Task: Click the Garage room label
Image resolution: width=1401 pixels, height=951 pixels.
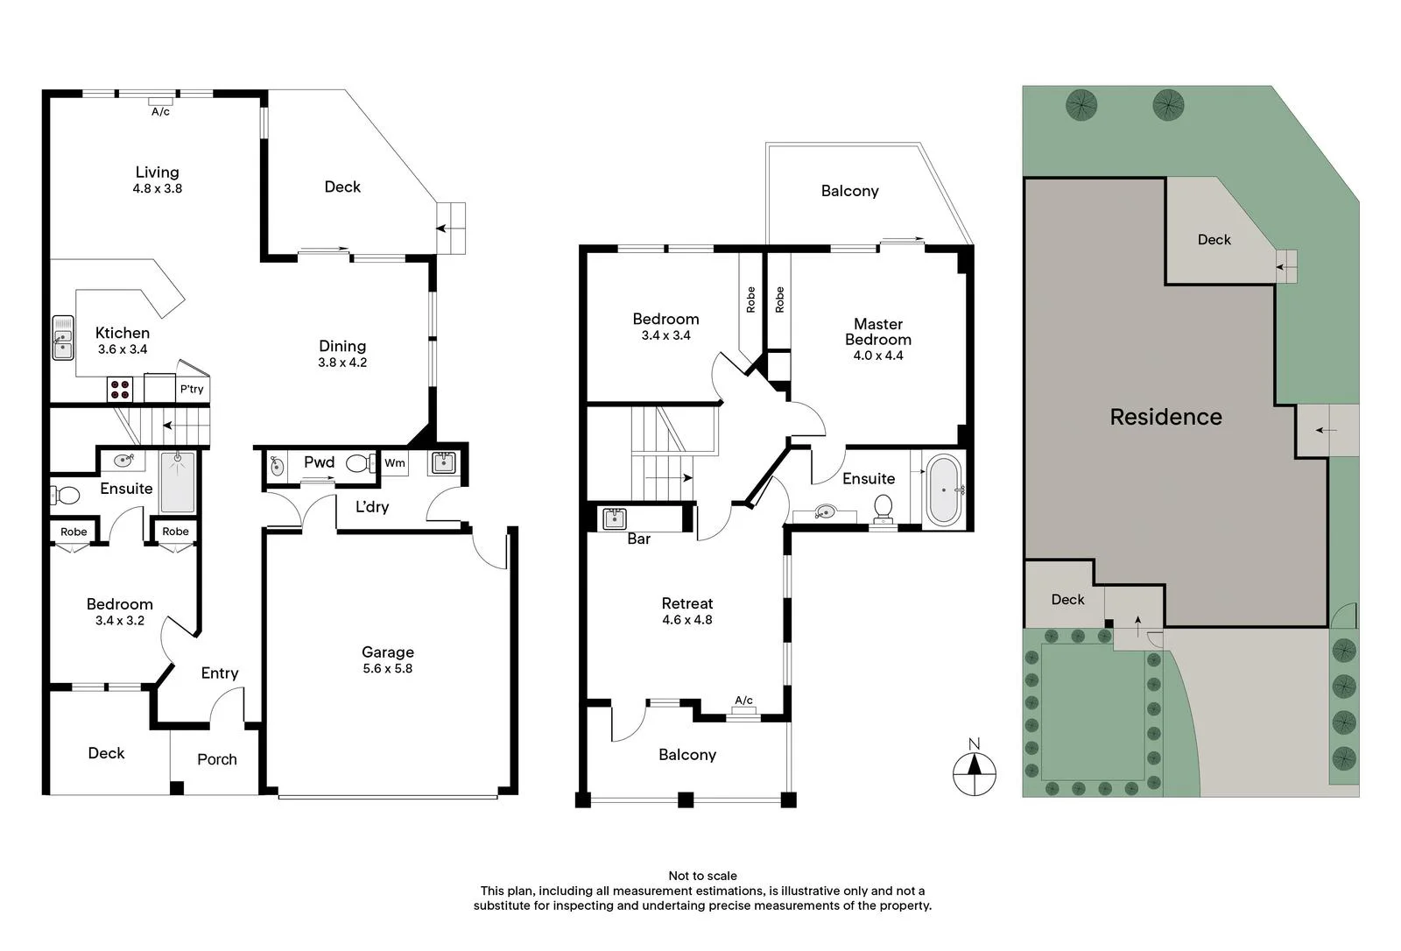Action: click(x=388, y=652)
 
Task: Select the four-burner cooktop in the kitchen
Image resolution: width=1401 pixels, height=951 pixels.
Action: click(x=119, y=389)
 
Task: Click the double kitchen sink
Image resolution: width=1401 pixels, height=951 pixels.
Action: click(x=62, y=338)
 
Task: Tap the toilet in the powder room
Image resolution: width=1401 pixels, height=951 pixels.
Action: click(x=360, y=463)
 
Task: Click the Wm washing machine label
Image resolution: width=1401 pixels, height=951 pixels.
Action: click(x=394, y=463)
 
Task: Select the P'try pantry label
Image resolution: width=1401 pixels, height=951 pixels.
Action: click(x=192, y=389)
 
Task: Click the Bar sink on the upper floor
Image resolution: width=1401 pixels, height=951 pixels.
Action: click(x=615, y=518)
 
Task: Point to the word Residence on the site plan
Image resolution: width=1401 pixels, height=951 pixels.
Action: click(x=1165, y=417)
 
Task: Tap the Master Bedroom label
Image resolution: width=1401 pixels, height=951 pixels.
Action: click(x=878, y=332)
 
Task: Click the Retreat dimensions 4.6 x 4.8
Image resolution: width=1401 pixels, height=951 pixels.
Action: click(x=687, y=619)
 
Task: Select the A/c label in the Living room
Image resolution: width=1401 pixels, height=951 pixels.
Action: click(x=161, y=112)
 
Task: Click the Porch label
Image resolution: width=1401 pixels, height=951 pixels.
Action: click(x=217, y=759)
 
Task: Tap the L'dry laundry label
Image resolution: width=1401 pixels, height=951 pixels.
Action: click(x=372, y=506)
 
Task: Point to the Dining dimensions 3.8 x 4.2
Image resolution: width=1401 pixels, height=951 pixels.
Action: click(x=342, y=363)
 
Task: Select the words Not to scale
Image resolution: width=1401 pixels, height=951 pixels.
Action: click(x=702, y=876)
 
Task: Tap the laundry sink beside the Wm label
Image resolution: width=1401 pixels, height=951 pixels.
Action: click(x=443, y=463)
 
